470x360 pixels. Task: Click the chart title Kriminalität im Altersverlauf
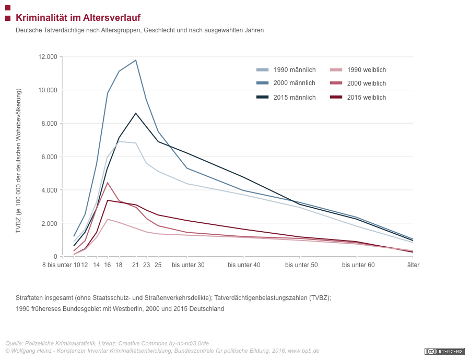78,18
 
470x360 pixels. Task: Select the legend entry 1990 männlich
286,70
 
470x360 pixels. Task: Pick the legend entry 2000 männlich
286,83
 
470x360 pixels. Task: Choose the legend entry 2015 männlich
286,98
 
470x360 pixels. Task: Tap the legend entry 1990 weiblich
358,70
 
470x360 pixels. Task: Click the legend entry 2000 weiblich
358,83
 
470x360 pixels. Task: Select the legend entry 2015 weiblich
358,98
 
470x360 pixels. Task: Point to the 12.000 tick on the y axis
48,57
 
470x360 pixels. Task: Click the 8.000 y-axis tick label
49,124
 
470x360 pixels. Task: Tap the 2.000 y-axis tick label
49,223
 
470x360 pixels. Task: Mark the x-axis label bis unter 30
188,265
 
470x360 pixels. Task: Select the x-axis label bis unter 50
301,265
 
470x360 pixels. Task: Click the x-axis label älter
414,265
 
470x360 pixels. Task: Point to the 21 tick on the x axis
135,265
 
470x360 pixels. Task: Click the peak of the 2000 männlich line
136,60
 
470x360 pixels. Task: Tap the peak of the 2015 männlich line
136,113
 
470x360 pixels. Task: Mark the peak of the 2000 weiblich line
107,183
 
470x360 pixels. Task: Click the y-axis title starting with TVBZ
19,161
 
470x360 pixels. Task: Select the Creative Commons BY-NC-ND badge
444,351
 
